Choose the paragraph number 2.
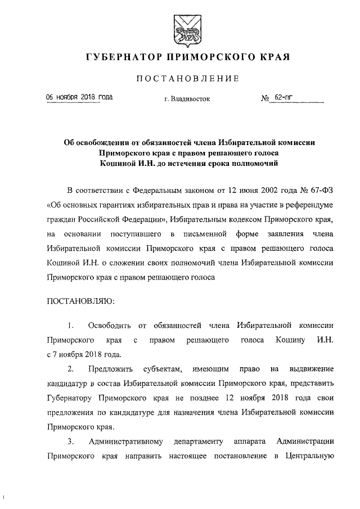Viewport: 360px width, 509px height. pyautogui.click(x=70, y=370)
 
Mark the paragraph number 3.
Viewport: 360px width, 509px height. pyautogui.click(x=70, y=442)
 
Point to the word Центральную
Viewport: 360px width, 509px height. pyautogui.click(x=313, y=457)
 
